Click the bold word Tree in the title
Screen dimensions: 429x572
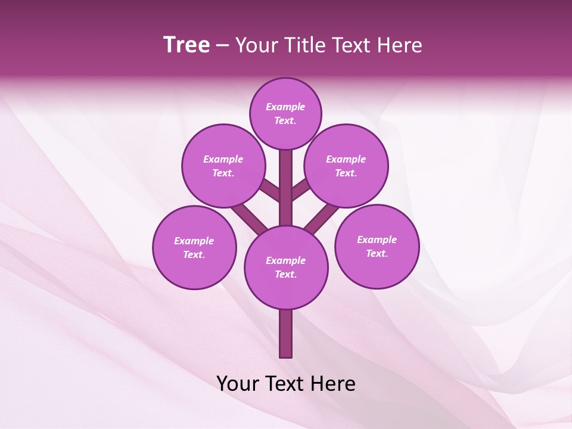pos(186,45)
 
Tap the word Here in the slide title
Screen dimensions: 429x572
pos(400,45)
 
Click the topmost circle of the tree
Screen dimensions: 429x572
pos(285,113)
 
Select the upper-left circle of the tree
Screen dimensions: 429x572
pos(223,166)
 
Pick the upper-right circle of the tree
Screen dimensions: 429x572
pos(346,166)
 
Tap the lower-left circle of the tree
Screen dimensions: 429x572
pos(194,247)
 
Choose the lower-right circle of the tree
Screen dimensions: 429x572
pos(377,246)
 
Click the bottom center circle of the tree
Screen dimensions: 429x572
pos(286,267)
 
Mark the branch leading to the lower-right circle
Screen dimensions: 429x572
pos(322,217)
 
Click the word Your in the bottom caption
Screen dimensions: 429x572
pos(238,384)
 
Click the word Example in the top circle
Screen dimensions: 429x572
pos(285,107)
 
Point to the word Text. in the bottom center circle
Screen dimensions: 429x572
pos(285,274)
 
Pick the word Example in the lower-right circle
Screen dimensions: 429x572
pos(377,240)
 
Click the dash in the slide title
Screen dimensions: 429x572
pos(222,46)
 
